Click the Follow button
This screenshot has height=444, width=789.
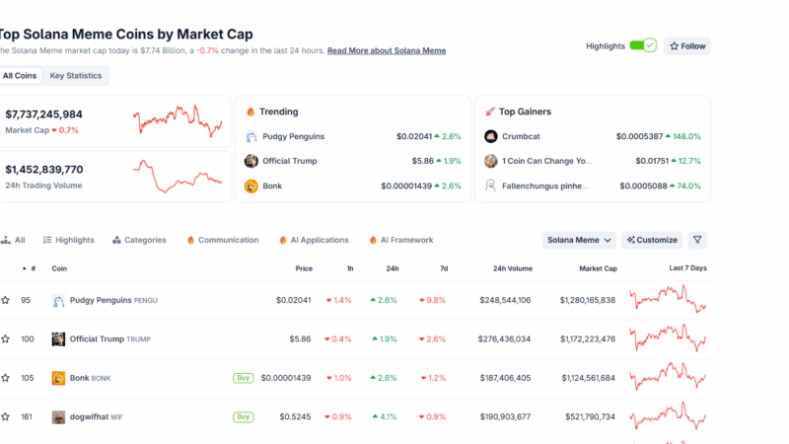(x=686, y=46)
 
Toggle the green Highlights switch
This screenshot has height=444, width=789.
(x=642, y=45)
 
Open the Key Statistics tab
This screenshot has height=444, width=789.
(x=76, y=76)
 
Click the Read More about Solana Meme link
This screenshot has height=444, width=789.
(x=386, y=50)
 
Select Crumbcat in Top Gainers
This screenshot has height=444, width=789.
(x=522, y=136)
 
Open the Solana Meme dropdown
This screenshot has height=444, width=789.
(x=580, y=240)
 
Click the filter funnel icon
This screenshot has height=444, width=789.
(x=697, y=240)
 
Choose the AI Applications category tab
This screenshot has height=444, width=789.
(x=314, y=240)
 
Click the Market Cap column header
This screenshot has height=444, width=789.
(x=598, y=268)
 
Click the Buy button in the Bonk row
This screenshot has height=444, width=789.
(x=243, y=378)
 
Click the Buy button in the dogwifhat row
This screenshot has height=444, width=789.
(x=243, y=416)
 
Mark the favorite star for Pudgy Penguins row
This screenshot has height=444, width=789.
(x=6, y=300)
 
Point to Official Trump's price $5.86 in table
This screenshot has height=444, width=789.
(x=300, y=339)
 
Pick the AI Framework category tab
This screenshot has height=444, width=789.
(x=400, y=240)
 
